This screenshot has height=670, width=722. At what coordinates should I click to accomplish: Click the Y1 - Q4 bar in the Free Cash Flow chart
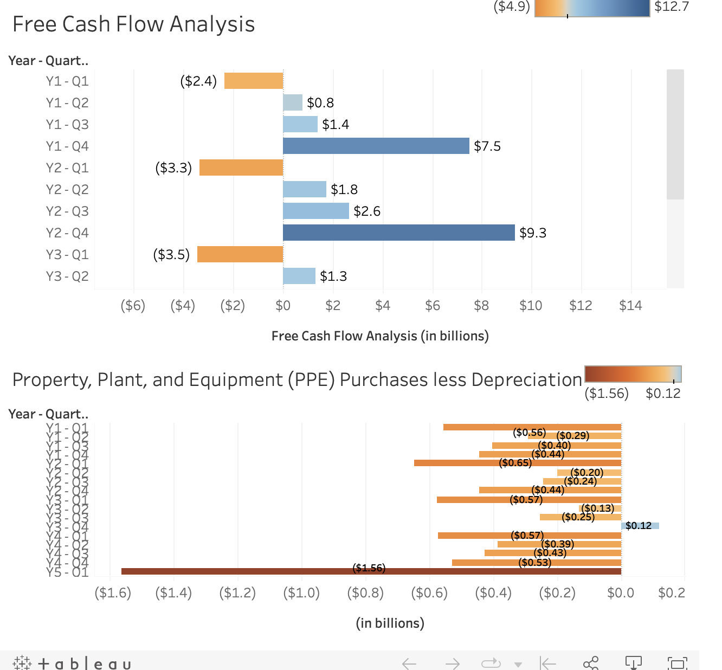pyautogui.click(x=376, y=146)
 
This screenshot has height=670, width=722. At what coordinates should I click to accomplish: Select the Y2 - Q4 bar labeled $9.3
pyautogui.click(x=398, y=233)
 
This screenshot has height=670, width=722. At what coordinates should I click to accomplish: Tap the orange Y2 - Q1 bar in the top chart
pyautogui.click(x=241, y=168)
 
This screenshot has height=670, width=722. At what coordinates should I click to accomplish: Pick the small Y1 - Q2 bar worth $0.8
pyautogui.click(x=293, y=102)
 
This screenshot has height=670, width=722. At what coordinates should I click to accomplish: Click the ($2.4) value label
pyautogui.click(x=198, y=81)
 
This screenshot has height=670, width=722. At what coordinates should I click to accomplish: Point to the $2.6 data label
pyautogui.click(x=367, y=211)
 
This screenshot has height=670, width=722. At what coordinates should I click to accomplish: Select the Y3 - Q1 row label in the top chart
pyautogui.click(x=67, y=255)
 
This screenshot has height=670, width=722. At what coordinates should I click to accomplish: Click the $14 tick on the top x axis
pyautogui.click(x=630, y=306)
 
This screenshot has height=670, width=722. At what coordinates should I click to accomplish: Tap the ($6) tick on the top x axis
pyautogui.click(x=133, y=306)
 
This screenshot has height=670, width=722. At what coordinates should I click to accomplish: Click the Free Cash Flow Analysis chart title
pyautogui.click(x=133, y=24)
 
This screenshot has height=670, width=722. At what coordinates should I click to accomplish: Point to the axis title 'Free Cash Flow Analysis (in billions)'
pyautogui.click(x=380, y=336)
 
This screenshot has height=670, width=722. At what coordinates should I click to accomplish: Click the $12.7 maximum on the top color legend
pyautogui.click(x=671, y=7)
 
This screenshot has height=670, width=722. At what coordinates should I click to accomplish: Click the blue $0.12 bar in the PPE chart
pyautogui.click(x=640, y=526)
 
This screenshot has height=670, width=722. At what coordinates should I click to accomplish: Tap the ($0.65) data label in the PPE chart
pyautogui.click(x=515, y=463)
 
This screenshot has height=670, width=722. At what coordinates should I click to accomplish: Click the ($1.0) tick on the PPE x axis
pyautogui.click(x=301, y=593)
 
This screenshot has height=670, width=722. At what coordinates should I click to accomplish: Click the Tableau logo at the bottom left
pyautogui.click(x=72, y=663)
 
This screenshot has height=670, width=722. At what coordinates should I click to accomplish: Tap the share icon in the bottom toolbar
pyautogui.click(x=590, y=663)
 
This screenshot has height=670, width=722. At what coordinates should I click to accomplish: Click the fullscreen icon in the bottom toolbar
pyautogui.click(x=677, y=663)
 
